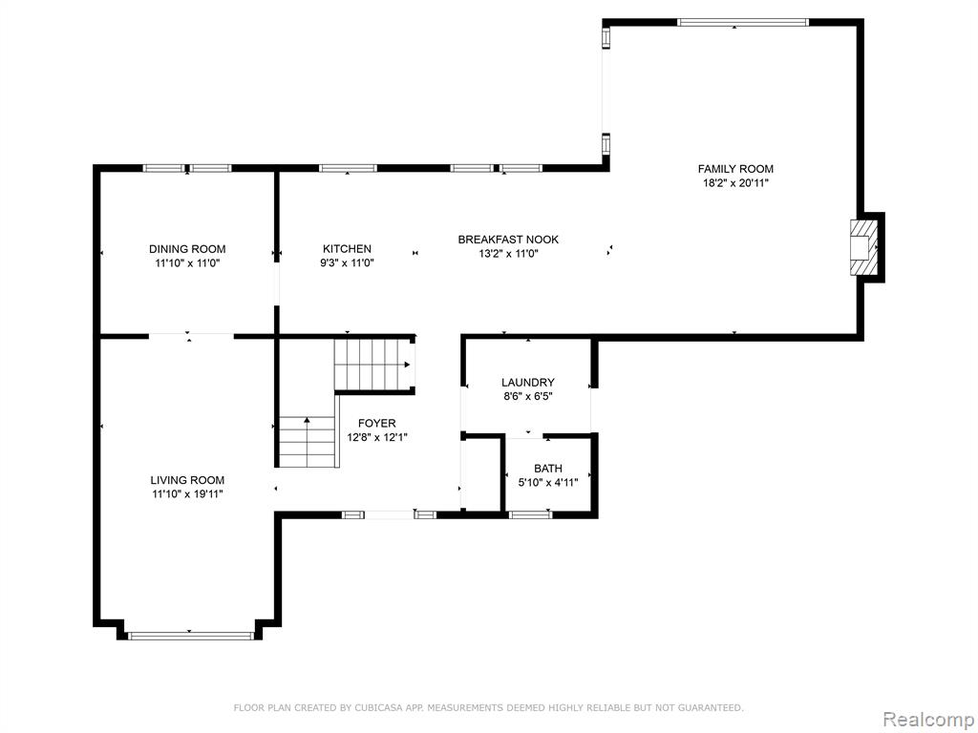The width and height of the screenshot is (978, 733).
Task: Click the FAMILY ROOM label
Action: [x=735, y=169]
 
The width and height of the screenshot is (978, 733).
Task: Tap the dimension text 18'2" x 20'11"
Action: [x=735, y=183]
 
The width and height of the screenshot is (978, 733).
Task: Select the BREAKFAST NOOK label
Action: [x=508, y=240]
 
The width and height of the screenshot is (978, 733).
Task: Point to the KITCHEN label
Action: [x=347, y=249]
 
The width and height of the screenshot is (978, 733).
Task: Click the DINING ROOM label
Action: [x=187, y=249]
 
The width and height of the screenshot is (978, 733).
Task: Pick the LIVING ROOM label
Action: [x=187, y=480]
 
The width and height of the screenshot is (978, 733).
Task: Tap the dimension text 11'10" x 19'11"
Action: [x=187, y=494]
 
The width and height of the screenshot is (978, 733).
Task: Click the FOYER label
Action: [x=376, y=423]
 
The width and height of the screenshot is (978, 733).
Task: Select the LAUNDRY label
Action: [x=527, y=382]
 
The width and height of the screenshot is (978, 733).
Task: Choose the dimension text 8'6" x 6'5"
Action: [x=527, y=396]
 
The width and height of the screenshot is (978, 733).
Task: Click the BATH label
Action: [x=547, y=468]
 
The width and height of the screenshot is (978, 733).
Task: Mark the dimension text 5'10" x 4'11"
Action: [x=547, y=482]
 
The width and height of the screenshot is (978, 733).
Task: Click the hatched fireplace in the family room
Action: [x=863, y=247]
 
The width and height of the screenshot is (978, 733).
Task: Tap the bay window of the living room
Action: [x=190, y=636]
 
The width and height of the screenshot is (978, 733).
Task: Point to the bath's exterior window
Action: [x=530, y=514]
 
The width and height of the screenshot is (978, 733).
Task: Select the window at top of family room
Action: [x=743, y=23]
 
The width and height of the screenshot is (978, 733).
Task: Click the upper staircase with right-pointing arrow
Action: [x=372, y=365]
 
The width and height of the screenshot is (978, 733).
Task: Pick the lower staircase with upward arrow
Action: [x=307, y=442]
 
